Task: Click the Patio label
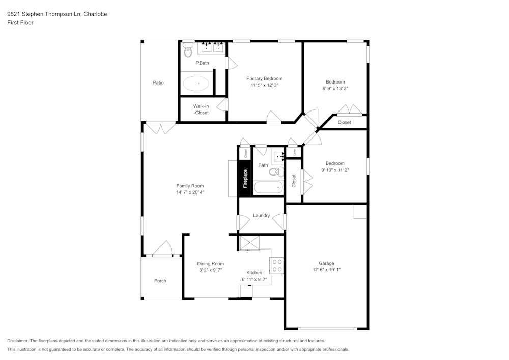(158, 82)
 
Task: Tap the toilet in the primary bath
(188, 50)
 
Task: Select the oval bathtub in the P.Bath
(196, 84)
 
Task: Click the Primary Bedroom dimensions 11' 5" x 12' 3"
(264, 86)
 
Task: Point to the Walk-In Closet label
(201, 109)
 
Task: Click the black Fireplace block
(245, 178)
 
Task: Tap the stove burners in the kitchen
(277, 265)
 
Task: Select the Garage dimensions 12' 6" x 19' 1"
(326, 270)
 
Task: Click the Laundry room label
(261, 216)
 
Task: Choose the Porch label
(160, 281)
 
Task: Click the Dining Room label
(210, 264)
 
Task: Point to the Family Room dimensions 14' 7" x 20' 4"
(190, 193)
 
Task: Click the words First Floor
(20, 23)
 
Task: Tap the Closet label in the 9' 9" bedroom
(345, 122)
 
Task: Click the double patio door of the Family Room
(161, 128)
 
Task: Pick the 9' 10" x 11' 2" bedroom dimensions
(334, 170)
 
